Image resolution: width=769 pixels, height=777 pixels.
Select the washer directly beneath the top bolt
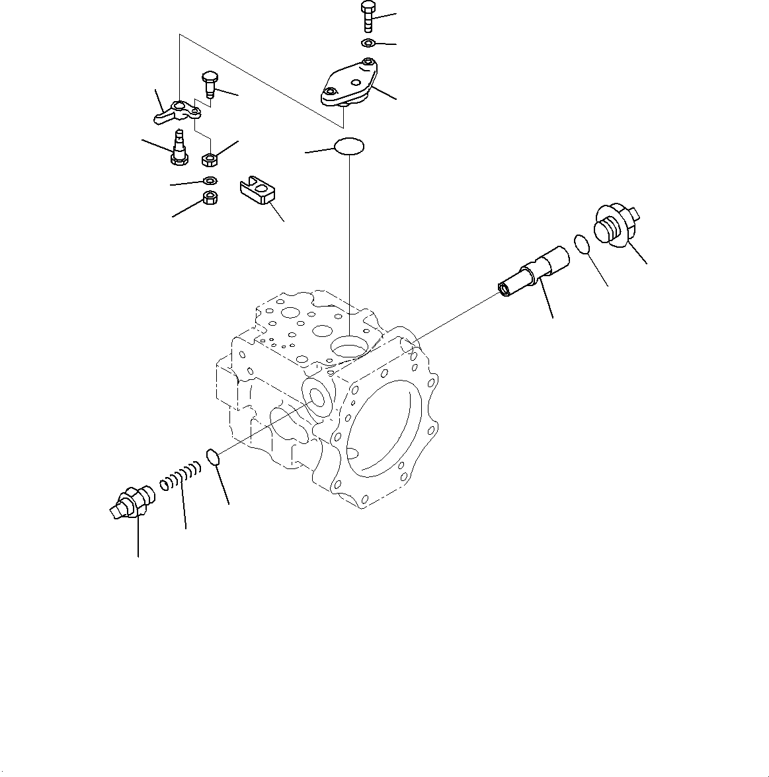coord(368,43)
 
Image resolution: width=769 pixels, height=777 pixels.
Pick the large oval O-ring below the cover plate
coord(349,145)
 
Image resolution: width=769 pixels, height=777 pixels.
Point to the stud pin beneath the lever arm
coord(179,147)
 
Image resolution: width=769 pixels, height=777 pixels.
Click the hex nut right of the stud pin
coord(210,159)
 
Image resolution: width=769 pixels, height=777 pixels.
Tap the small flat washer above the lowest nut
coord(209,181)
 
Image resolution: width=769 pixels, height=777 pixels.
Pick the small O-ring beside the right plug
coord(581,243)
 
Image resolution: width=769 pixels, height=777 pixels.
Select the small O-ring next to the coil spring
coord(212,457)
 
